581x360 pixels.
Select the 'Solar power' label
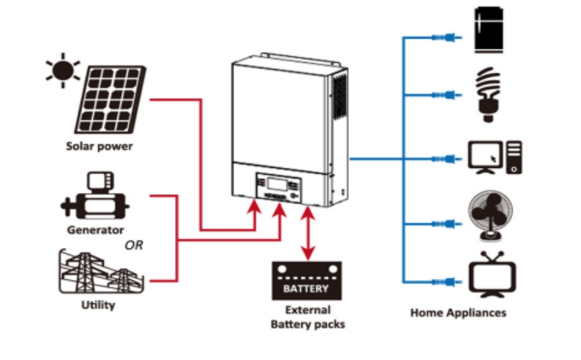pos(99,146)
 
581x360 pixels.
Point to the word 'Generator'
pos(95,229)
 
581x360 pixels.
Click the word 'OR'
pos(134,245)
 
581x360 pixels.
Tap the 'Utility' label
pos(98,305)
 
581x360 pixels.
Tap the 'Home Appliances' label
pos(458,313)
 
